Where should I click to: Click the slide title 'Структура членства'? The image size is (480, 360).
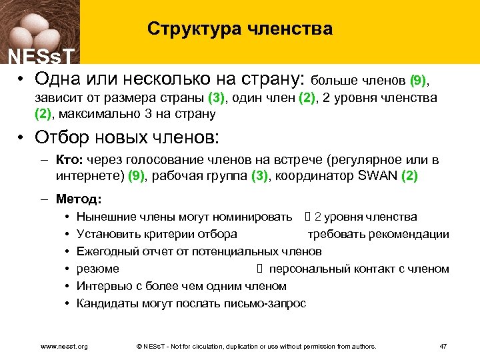pos(239,29)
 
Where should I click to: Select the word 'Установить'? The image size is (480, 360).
pos(109,234)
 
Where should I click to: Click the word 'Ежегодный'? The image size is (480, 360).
pos(109,251)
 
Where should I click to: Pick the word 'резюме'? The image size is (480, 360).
pos(98,269)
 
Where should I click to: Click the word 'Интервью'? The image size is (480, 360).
pos(103,286)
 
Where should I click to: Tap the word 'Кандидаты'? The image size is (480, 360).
pos(108,303)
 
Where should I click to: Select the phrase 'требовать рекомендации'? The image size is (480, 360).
pos(378,234)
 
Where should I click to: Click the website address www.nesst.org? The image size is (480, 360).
pos(65,346)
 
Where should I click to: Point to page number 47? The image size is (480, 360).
pos(443,346)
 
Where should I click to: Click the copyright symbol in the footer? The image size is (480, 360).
pos(139,346)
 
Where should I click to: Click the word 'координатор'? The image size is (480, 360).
pos(327,176)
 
